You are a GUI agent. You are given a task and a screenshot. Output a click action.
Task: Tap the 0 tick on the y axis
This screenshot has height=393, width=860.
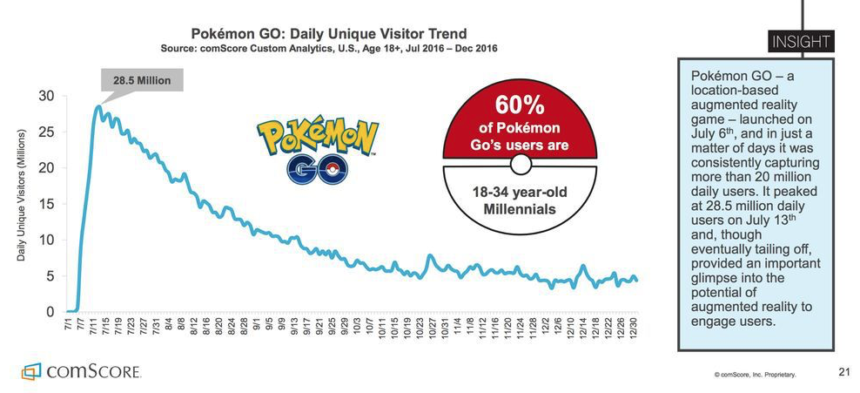tap(54, 312)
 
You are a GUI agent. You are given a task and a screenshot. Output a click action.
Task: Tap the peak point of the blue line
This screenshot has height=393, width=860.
tap(99, 106)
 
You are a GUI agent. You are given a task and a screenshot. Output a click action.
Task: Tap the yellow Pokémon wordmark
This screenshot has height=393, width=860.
tap(318, 136)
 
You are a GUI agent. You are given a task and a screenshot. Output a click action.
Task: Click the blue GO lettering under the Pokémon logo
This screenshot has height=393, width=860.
tap(317, 168)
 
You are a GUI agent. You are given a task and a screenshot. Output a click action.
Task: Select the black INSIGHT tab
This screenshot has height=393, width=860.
tap(799, 41)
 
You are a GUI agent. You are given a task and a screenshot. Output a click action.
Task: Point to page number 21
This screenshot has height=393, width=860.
tap(843, 372)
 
